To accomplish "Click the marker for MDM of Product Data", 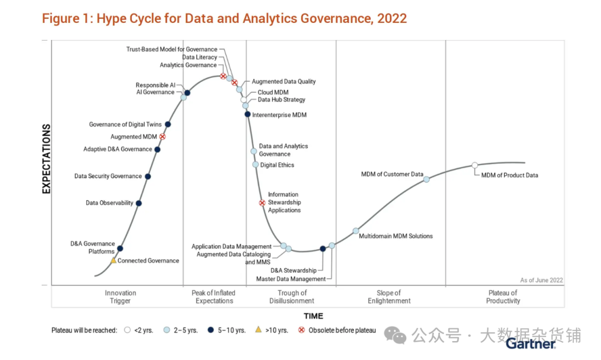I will pyautogui.click(x=475, y=165).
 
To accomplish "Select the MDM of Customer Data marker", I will pyautogui.click(x=426, y=179).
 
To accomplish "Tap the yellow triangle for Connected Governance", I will pyautogui.click(x=114, y=260).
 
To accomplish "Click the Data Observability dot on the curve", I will pyautogui.click(x=139, y=203).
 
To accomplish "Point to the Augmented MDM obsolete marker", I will pyautogui.click(x=162, y=136).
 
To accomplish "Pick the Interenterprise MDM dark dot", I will pyautogui.click(x=248, y=114).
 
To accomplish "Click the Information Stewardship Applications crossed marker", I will pyautogui.click(x=262, y=203).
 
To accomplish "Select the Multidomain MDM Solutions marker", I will pyautogui.click(x=356, y=231).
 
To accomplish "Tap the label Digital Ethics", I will pyautogui.click(x=277, y=165).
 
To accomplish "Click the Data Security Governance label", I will pyautogui.click(x=108, y=176).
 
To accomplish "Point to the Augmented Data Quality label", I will pyautogui.click(x=284, y=82).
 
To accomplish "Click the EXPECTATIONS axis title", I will pyautogui.click(x=47, y=159).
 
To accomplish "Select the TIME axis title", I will pyautogui.click(x=313, y=316).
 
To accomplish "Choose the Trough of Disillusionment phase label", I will pyautogui.click(x=292, y=297).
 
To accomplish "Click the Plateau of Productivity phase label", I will pyautogui.click(x=503, y=297).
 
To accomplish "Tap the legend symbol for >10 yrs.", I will pyautogui.click(x=258, y=330).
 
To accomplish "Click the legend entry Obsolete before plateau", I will pyautogui.click(x=342, y=331).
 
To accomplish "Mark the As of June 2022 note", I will pyautogui.click(x=541, y=280).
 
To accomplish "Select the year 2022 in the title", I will pyautogui.click(x=392, y=18).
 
